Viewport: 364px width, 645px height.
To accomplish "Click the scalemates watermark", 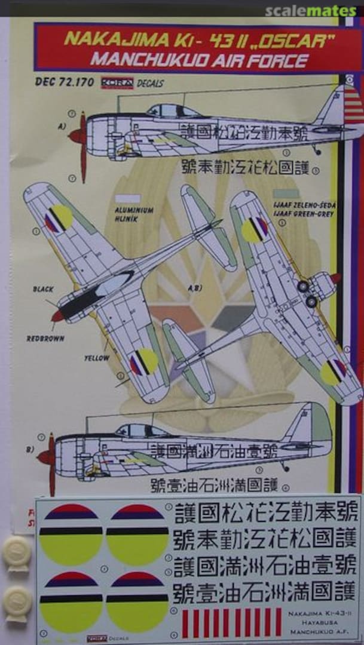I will coord(311,11).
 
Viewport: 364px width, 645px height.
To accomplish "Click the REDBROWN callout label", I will coord(46,338).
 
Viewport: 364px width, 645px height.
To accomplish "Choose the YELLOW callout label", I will coord(96,358).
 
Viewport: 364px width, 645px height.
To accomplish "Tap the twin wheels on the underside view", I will coord(307,293).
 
